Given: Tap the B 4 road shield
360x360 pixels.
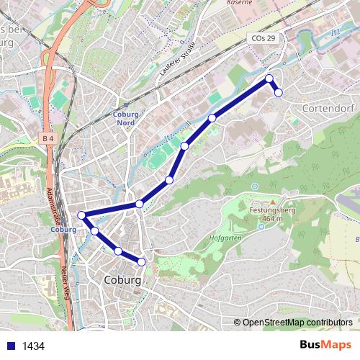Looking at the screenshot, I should [x=48, y=137].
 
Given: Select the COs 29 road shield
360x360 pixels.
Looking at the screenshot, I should [x=261, y=37].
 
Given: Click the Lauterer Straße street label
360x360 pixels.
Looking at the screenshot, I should [x=177, y=63].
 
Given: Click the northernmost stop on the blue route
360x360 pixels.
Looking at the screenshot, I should [x=269, y=78].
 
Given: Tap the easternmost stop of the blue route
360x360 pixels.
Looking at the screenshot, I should [x=278, y=92].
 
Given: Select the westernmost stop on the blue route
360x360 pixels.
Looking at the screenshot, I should [x=82, y=215].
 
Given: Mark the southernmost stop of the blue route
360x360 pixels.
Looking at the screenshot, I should [x=142, y=262].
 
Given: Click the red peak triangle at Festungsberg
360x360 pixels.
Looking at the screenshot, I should [x=274, y=202].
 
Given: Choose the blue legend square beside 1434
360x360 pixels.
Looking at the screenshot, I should [x=10, y=346].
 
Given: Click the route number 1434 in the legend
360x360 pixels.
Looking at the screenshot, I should [x=34, y=346].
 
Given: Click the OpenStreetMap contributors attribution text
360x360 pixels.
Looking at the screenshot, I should [x=297, y=323].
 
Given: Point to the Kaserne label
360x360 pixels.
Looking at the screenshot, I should [x=242, y=3].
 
